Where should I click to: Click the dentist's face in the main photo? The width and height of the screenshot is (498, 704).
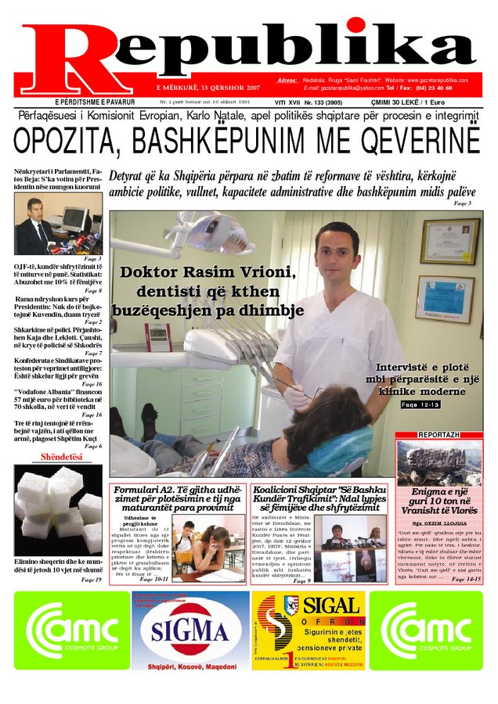pyautogui.click(x=336, y=251)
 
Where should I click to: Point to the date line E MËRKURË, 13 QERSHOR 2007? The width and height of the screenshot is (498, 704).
pyautogui.click(x=207, y=86)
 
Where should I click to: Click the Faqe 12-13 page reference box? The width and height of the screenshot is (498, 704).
pyautogui.click(x=420, y=404)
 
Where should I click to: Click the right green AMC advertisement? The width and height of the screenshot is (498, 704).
pyautogui.click(x=426, y=630)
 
